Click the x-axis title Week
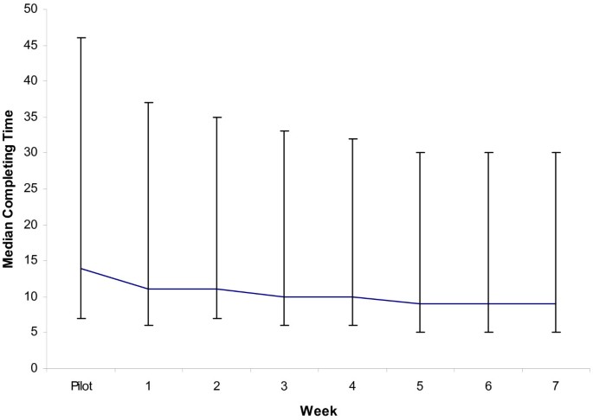point(319,410)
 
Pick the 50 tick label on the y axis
point(30,9)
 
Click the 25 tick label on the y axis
point(30,188)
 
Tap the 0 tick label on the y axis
point(34,368)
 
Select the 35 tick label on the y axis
point(30,117)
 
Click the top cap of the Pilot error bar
point(81,38)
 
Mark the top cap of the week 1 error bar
point(149,102)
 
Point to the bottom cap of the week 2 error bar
point(216,318)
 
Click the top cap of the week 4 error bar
point(352,138)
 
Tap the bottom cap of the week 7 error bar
point(555,332)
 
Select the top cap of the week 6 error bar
point(487,153)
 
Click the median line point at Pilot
point(81,268)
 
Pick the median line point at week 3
point(284,296)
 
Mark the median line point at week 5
point(420,303)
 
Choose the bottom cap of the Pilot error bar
point(81,318)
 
